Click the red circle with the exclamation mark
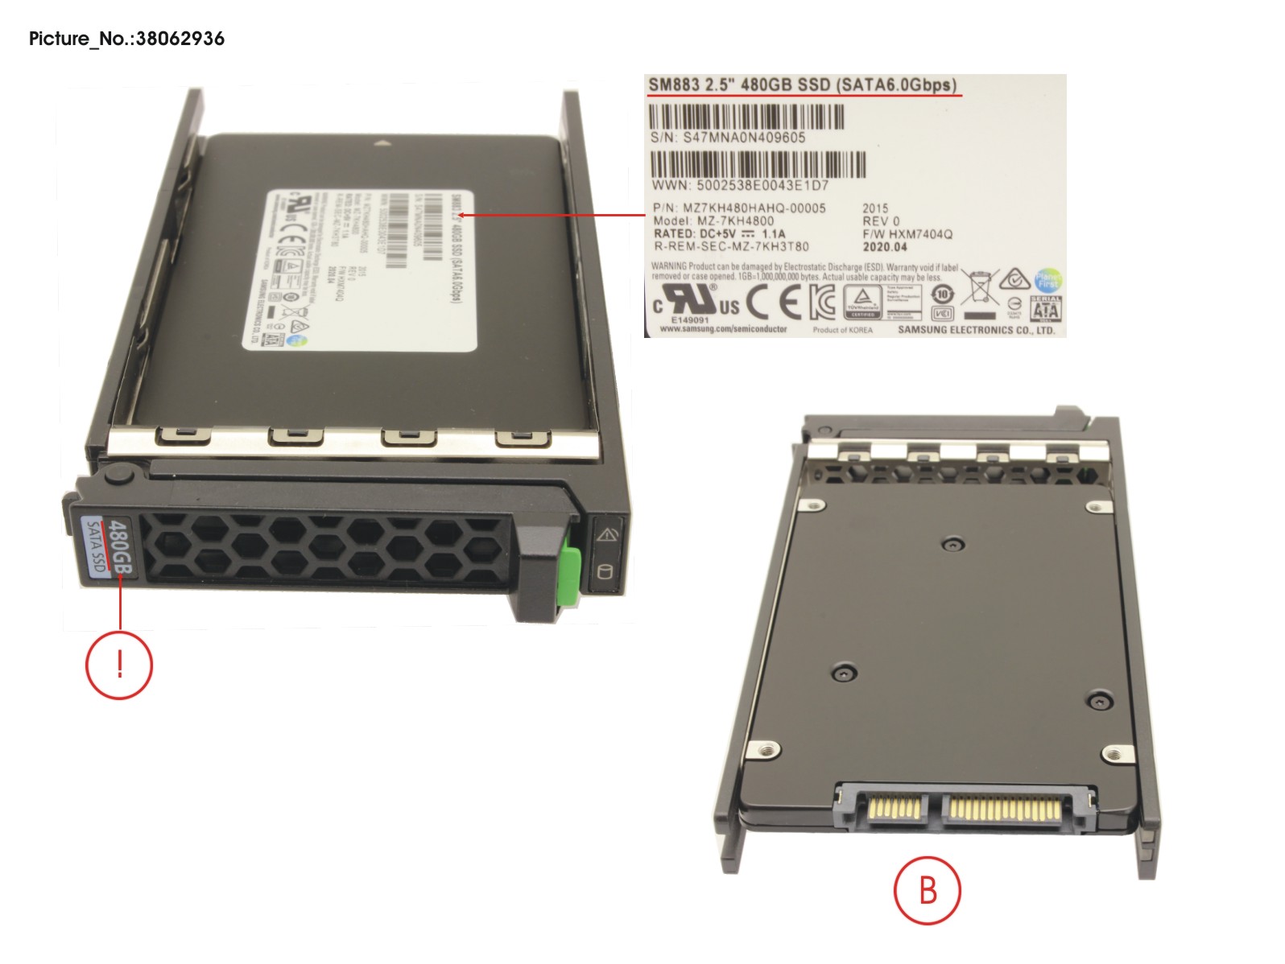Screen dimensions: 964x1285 [x=119, y=665]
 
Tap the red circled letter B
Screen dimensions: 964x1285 [x=928, y=890]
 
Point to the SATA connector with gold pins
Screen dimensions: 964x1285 [x=966, y=807]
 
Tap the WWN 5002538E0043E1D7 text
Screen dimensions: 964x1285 [x=740, y=186]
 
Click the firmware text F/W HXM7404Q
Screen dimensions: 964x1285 [x=907, y=234]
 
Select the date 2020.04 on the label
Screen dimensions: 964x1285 [x=885, y=247]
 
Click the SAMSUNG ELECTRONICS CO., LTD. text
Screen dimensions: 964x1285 [x=976, y=330]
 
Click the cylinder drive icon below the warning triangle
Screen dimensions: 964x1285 [x=605, y=573]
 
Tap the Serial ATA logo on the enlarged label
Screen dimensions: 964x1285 [x=1045, y=309]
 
